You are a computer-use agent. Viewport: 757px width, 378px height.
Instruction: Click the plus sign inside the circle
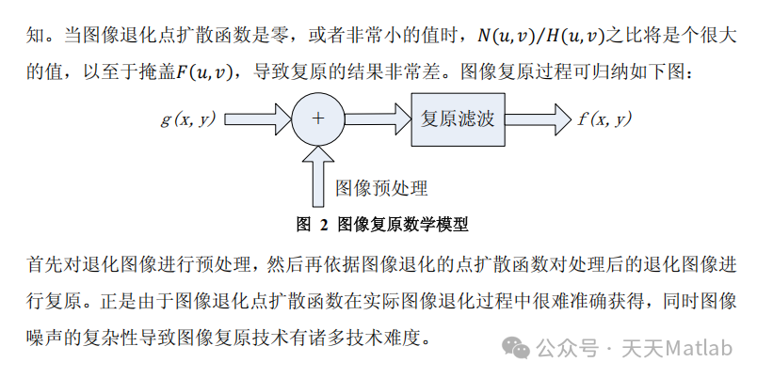click(317, 118)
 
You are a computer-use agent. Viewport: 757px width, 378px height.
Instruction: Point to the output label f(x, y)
click(604, 118)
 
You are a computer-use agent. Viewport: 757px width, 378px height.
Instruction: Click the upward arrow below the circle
click(318, 175)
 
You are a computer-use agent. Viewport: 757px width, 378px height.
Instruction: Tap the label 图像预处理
click(381, 188)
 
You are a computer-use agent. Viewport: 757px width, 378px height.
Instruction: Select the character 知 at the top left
click(32, 37)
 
